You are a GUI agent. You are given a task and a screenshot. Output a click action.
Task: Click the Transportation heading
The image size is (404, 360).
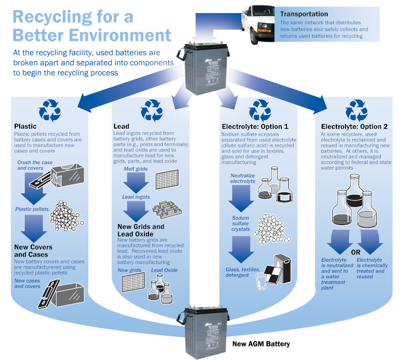tap(304, 14)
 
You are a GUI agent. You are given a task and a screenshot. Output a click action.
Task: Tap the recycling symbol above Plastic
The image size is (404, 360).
tap(50, 110)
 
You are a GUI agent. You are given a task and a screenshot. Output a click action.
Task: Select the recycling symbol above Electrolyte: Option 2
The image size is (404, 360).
tap(356, 110)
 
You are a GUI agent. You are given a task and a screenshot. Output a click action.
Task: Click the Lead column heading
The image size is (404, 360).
tap(121, 126)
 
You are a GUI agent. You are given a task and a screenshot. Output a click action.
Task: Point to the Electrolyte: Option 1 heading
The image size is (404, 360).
tap(255, 126)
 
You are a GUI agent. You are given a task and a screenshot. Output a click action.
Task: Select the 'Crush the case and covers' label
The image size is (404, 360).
tap(34, 165)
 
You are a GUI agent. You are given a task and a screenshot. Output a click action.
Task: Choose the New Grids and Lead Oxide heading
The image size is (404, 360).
tap(141, 230)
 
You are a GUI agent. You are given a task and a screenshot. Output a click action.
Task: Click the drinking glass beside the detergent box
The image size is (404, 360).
tap(261, 281)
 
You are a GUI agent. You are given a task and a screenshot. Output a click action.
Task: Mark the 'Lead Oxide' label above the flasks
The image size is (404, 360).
tap(164, 271)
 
